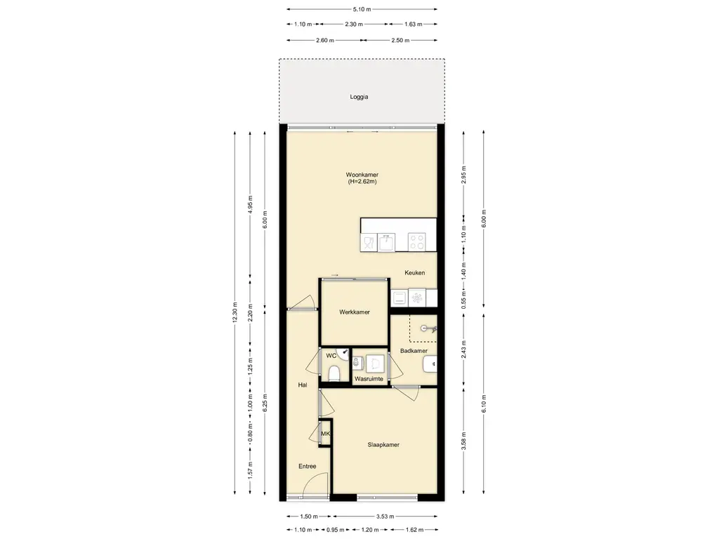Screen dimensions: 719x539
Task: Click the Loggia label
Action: click(359, 97)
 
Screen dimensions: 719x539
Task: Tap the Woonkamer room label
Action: click(362, 175)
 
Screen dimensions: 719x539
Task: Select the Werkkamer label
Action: click(355, 312)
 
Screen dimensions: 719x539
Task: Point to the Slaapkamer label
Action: click(383, 444)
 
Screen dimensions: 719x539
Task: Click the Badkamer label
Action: click(414, 351)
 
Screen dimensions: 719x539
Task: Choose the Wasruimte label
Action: click(369, 379)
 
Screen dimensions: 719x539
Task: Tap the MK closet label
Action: click(325, 434)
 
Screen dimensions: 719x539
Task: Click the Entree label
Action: click(308, 467)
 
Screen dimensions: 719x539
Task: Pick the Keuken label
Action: click(414, 273)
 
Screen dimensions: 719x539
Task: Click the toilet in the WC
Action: click(334, 373)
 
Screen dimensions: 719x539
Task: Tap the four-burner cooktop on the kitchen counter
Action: click(417, 242)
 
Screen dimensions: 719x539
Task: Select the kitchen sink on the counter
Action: click(387, 242)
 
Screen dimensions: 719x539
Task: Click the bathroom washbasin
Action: click(430, 364)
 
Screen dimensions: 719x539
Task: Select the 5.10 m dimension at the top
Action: click(362, 9)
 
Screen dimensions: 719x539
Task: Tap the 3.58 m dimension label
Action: click(463, 441)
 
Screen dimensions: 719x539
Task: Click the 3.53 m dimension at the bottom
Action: click(385, 517)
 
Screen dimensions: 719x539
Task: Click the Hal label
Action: click(303, 385)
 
